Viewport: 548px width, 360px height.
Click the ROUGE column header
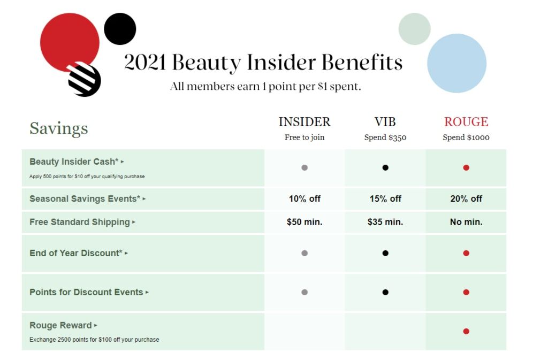click(466, 122)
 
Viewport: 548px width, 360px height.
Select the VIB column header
click(385, 122)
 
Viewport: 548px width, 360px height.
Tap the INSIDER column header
click(305, 122)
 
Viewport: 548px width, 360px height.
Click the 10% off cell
click(305, 198)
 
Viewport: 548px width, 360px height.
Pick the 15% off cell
click(385, 198)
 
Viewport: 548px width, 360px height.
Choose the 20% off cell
click(466, 198)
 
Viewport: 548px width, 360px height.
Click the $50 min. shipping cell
click(305, 222)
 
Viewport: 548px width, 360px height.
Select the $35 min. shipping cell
click(385, 222)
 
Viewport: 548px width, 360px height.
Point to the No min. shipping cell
click(466, 222)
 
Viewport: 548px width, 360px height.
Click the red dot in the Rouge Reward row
click(466, 331)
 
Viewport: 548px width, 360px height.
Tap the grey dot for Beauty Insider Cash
click(305, 167)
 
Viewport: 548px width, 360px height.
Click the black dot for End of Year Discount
click(385, 253)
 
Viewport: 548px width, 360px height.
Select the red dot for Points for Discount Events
click(466, 292)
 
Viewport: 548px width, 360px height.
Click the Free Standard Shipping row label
click(80, 222)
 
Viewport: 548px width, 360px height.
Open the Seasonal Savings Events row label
click(85, 198)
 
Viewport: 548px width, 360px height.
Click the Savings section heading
click(59, 128)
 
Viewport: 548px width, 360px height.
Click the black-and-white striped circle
click(85, 80)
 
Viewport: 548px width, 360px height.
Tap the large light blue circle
click(457, 63)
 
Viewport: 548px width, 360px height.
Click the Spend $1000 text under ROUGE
click(466, 137)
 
